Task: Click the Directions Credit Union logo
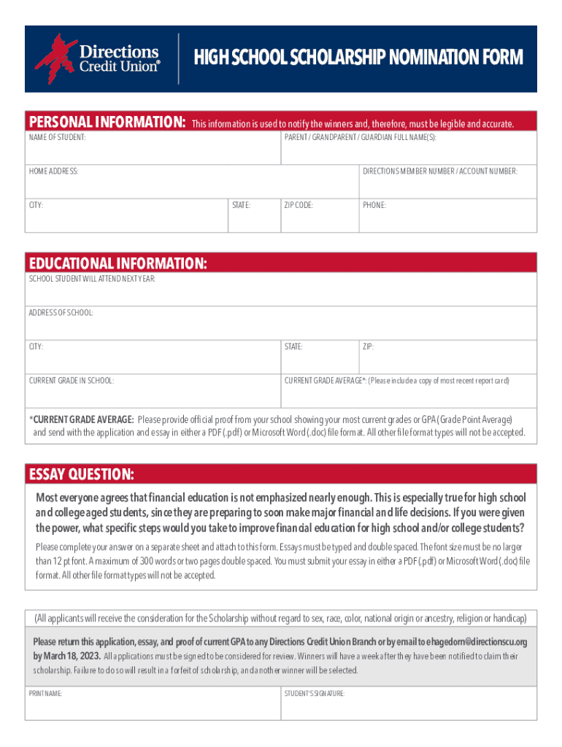coord(97,58)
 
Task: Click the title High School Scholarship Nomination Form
coord(358,58)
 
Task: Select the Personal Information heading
coord(107,122)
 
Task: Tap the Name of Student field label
coord(58,137)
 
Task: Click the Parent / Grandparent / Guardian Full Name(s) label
coord(361,137)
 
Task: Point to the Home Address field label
coord(53,171)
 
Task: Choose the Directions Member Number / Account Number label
coord(440,171)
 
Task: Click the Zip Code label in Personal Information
coord(299,206)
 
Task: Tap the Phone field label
coord(374,206)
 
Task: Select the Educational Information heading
coord(118,263)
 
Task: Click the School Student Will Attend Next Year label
coord(92,279)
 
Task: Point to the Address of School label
coord(61,313)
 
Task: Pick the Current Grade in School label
coord(72,381)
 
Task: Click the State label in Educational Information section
coord(293,347)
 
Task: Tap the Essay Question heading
coord(81,476)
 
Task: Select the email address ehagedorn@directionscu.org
coord(469,642)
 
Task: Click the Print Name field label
coord(45,694)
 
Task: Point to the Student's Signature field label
coord(315,694)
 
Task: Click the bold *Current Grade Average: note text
coord(82,419)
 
